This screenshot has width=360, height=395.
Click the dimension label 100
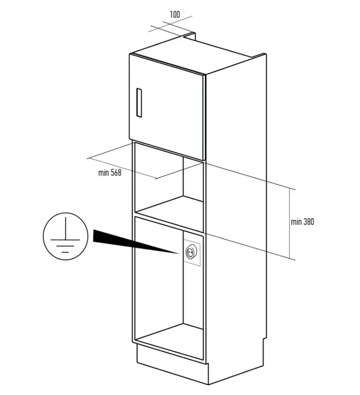click(x=174, y=14)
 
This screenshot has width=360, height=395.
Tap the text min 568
click(x=110, y=173)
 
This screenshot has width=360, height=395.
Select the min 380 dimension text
click(x=302, y=222)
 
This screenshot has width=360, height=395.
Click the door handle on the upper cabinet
click(x=139, y=102)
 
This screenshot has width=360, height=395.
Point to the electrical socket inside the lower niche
click(x=190, y=252)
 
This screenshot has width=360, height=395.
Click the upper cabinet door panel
click(x=167, y=107)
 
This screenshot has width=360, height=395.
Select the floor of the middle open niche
click(x=169, y=210)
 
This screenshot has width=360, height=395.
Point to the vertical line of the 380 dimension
click(x=290, y=224)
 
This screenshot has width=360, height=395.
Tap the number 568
click(x=116, y=173)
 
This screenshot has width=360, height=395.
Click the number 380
click(x=309, y=222)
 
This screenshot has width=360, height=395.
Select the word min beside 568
click(x=103, y=173)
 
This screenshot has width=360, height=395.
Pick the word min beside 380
click(x=296, y=222)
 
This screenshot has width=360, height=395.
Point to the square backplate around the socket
click(x=192, y=253)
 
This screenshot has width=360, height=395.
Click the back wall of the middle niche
click(x=193, y=179)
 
